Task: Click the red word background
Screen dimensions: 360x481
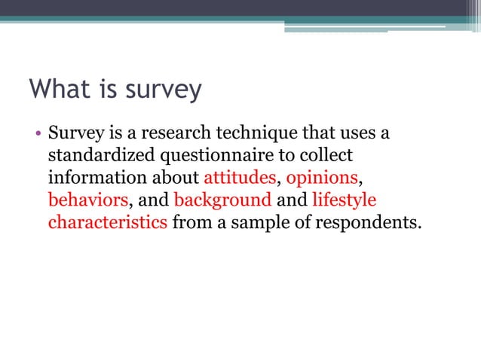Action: [222, 201]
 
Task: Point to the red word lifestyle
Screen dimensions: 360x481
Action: [344, 201]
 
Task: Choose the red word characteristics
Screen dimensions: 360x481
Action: [108, 223]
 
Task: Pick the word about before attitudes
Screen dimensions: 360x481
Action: [176, 179]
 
